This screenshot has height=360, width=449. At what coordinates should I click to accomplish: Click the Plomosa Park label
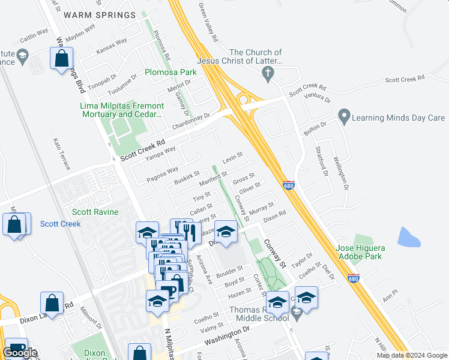170,73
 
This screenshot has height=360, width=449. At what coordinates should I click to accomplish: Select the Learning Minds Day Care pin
344,116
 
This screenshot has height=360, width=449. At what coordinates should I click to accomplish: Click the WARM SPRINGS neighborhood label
100,15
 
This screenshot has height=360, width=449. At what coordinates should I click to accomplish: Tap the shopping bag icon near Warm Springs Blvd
62,59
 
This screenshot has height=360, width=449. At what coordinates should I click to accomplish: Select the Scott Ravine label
95,212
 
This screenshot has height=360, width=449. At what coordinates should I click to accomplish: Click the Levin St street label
232,159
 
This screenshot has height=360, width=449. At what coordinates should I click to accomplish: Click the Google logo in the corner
20,353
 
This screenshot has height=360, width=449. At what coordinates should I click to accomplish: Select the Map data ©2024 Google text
411,355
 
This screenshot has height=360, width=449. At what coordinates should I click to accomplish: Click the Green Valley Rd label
208,23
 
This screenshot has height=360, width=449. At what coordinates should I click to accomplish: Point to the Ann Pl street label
390,295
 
